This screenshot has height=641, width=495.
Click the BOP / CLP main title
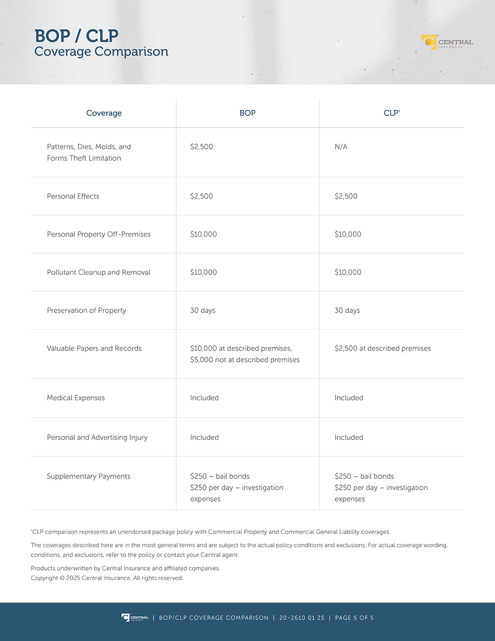coord(76,36)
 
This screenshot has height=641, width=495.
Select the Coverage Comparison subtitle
coord(101,52)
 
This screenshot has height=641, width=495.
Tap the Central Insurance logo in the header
coord(447,42)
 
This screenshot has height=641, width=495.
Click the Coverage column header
coord(104,113)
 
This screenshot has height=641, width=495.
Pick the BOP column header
coord(247,113)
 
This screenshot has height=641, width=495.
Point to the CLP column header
coord(391,113)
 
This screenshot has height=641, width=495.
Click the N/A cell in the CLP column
coord(341,147)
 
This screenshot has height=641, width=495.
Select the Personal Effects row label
coord(73,196)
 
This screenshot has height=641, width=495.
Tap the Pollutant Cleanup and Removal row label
coord(99,272)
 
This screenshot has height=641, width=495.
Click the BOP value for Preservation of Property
coord(202,311)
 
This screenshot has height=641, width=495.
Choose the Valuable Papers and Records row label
coord(94,348)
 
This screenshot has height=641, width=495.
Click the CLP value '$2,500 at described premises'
coord(383,348)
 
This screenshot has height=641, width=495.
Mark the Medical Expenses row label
coord(76,398)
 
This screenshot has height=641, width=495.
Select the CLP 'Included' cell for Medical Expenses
coord(348,398)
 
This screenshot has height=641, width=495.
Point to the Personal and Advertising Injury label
coord(97,437)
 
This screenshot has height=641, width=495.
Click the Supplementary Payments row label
coord(89,476)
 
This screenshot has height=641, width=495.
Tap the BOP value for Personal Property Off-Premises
coord(203,234)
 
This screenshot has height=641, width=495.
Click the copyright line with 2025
coord(106,578)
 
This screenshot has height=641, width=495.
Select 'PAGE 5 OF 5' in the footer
coord(354,618)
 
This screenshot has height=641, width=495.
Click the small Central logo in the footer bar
coord(135,618)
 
